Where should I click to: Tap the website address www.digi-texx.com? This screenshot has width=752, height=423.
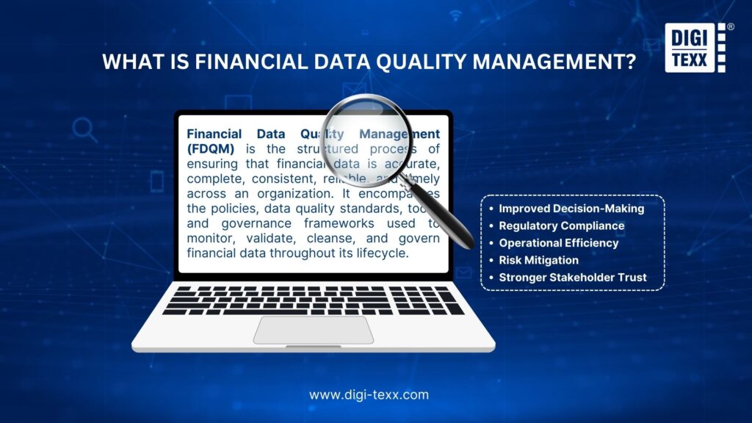369,394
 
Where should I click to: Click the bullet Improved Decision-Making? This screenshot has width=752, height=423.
571,209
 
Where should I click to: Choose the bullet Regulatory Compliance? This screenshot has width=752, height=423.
562,226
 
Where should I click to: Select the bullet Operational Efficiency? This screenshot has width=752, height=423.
559,243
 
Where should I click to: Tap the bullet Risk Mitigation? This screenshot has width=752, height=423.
538,260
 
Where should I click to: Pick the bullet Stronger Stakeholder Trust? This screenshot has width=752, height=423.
572,278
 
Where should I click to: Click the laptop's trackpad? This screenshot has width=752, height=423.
314,330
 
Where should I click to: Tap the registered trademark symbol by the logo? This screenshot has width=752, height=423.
731,27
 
